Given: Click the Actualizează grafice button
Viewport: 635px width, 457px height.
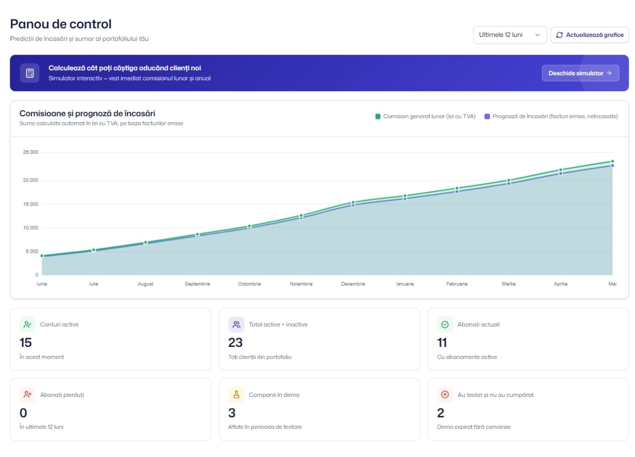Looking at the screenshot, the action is [589, 35].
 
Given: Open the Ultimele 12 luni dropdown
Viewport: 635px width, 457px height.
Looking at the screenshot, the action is [510, 35].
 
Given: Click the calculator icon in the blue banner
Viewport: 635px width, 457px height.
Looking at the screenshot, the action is [30, 73].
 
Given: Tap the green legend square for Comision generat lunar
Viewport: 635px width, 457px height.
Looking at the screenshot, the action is [378, 116].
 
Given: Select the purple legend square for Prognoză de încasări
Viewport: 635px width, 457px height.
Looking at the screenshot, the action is [487, 116].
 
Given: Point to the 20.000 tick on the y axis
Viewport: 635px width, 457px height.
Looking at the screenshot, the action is [30, 180].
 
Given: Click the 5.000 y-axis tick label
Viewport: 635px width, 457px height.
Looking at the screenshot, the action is [32, 251].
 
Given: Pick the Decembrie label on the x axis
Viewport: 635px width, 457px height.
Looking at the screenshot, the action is [353, 284].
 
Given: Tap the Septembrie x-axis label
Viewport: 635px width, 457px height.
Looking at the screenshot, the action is [197, 284].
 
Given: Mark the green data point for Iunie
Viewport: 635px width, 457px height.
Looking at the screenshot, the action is [42, 256].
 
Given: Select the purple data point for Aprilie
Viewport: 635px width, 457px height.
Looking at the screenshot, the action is [560, 173].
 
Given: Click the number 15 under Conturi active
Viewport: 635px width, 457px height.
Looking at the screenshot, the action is [25, 342].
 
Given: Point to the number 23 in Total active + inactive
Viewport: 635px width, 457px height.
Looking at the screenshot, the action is [235, 342].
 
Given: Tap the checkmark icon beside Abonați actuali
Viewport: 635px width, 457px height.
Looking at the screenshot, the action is [445, 325].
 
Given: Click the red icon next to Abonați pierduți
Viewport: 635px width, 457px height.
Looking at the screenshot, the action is [28, 394].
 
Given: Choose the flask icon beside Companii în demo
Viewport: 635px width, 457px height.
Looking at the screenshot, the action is [236, 394].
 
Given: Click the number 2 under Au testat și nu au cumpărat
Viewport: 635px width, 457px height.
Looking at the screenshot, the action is [441, 413].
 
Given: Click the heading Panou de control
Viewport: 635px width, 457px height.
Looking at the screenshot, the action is [61, 24].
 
